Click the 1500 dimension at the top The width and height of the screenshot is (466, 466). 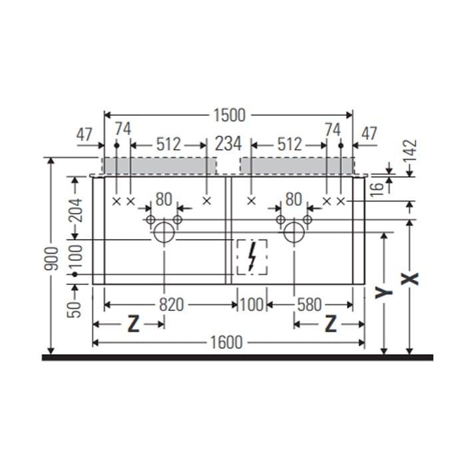(x=230, y=115)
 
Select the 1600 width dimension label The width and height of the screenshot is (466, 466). (x=226, y=343)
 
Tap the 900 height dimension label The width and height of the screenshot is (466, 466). (x=51, y=258)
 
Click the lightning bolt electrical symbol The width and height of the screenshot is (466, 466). (x=252, y=257)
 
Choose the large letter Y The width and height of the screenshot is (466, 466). (x=383, y=292)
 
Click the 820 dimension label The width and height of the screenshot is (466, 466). (x=172, y=305)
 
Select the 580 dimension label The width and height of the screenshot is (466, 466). (x=309, y=305)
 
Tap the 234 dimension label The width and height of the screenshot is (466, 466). (x=228, y=144)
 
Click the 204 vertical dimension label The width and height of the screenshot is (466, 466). (x=75, y=210)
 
